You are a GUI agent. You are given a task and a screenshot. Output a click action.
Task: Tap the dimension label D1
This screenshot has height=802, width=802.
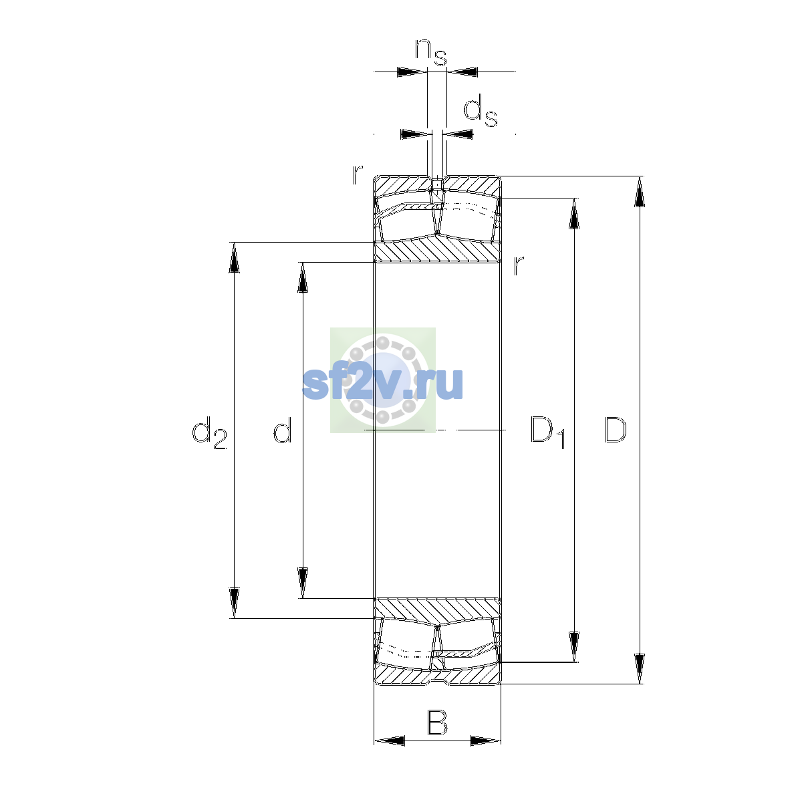(547, 432)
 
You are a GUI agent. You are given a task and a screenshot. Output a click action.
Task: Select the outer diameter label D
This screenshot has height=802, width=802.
(615, 430)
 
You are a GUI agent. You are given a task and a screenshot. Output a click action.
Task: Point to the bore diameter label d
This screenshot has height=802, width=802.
(283, 430)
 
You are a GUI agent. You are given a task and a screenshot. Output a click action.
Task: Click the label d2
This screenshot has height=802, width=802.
(209, 433)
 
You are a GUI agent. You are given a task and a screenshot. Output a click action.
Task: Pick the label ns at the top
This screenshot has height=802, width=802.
(431, 52)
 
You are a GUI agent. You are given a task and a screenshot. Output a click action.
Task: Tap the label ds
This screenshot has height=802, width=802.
(481, 111)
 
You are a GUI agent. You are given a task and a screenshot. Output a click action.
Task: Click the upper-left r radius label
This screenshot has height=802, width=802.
(358, 175)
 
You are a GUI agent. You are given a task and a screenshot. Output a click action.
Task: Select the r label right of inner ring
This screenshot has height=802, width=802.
(518, 265)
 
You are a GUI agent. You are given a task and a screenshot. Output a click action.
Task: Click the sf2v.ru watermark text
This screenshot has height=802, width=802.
(383, 384)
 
